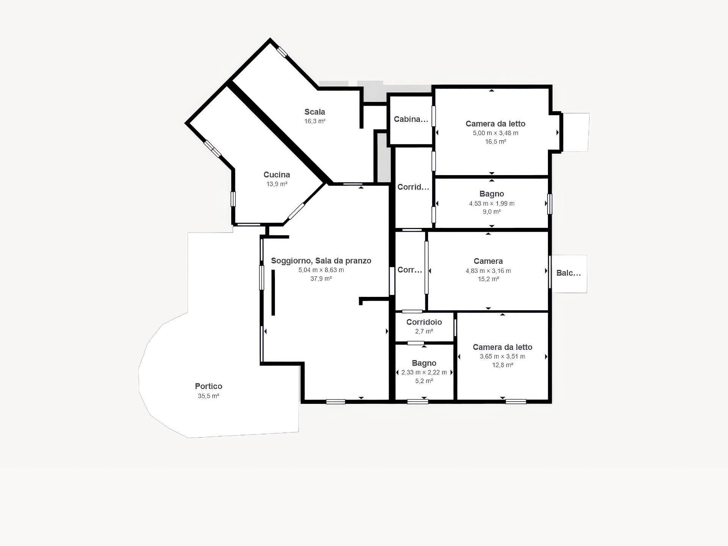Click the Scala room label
point(315,112)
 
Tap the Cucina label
point(277,175)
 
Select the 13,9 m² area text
point(277,184)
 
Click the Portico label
point(209,386)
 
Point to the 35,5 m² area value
point(209,396)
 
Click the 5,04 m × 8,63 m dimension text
point(321,270)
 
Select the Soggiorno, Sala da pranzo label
point(321,261)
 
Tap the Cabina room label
point(411,119)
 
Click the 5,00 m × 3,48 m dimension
point(495,133)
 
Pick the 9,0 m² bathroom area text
point(491,212)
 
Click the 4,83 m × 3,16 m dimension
point(488,271)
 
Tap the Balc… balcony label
point(568,273)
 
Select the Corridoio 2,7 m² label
point(424,322)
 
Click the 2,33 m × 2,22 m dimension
point(424,372)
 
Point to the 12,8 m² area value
point(502,365)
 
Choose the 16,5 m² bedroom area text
point(495,142)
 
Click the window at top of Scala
point(282,52)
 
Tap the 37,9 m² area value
point(321,279)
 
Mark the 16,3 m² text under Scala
point(315,121)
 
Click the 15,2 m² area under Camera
point(488,279)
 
